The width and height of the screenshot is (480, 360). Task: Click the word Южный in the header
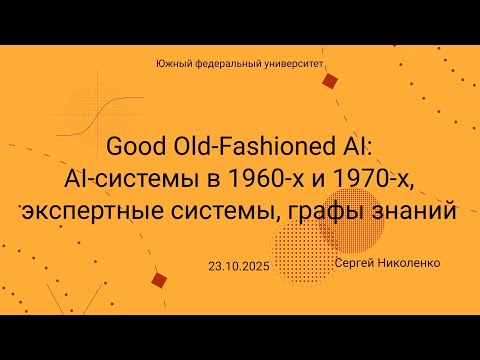173,63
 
